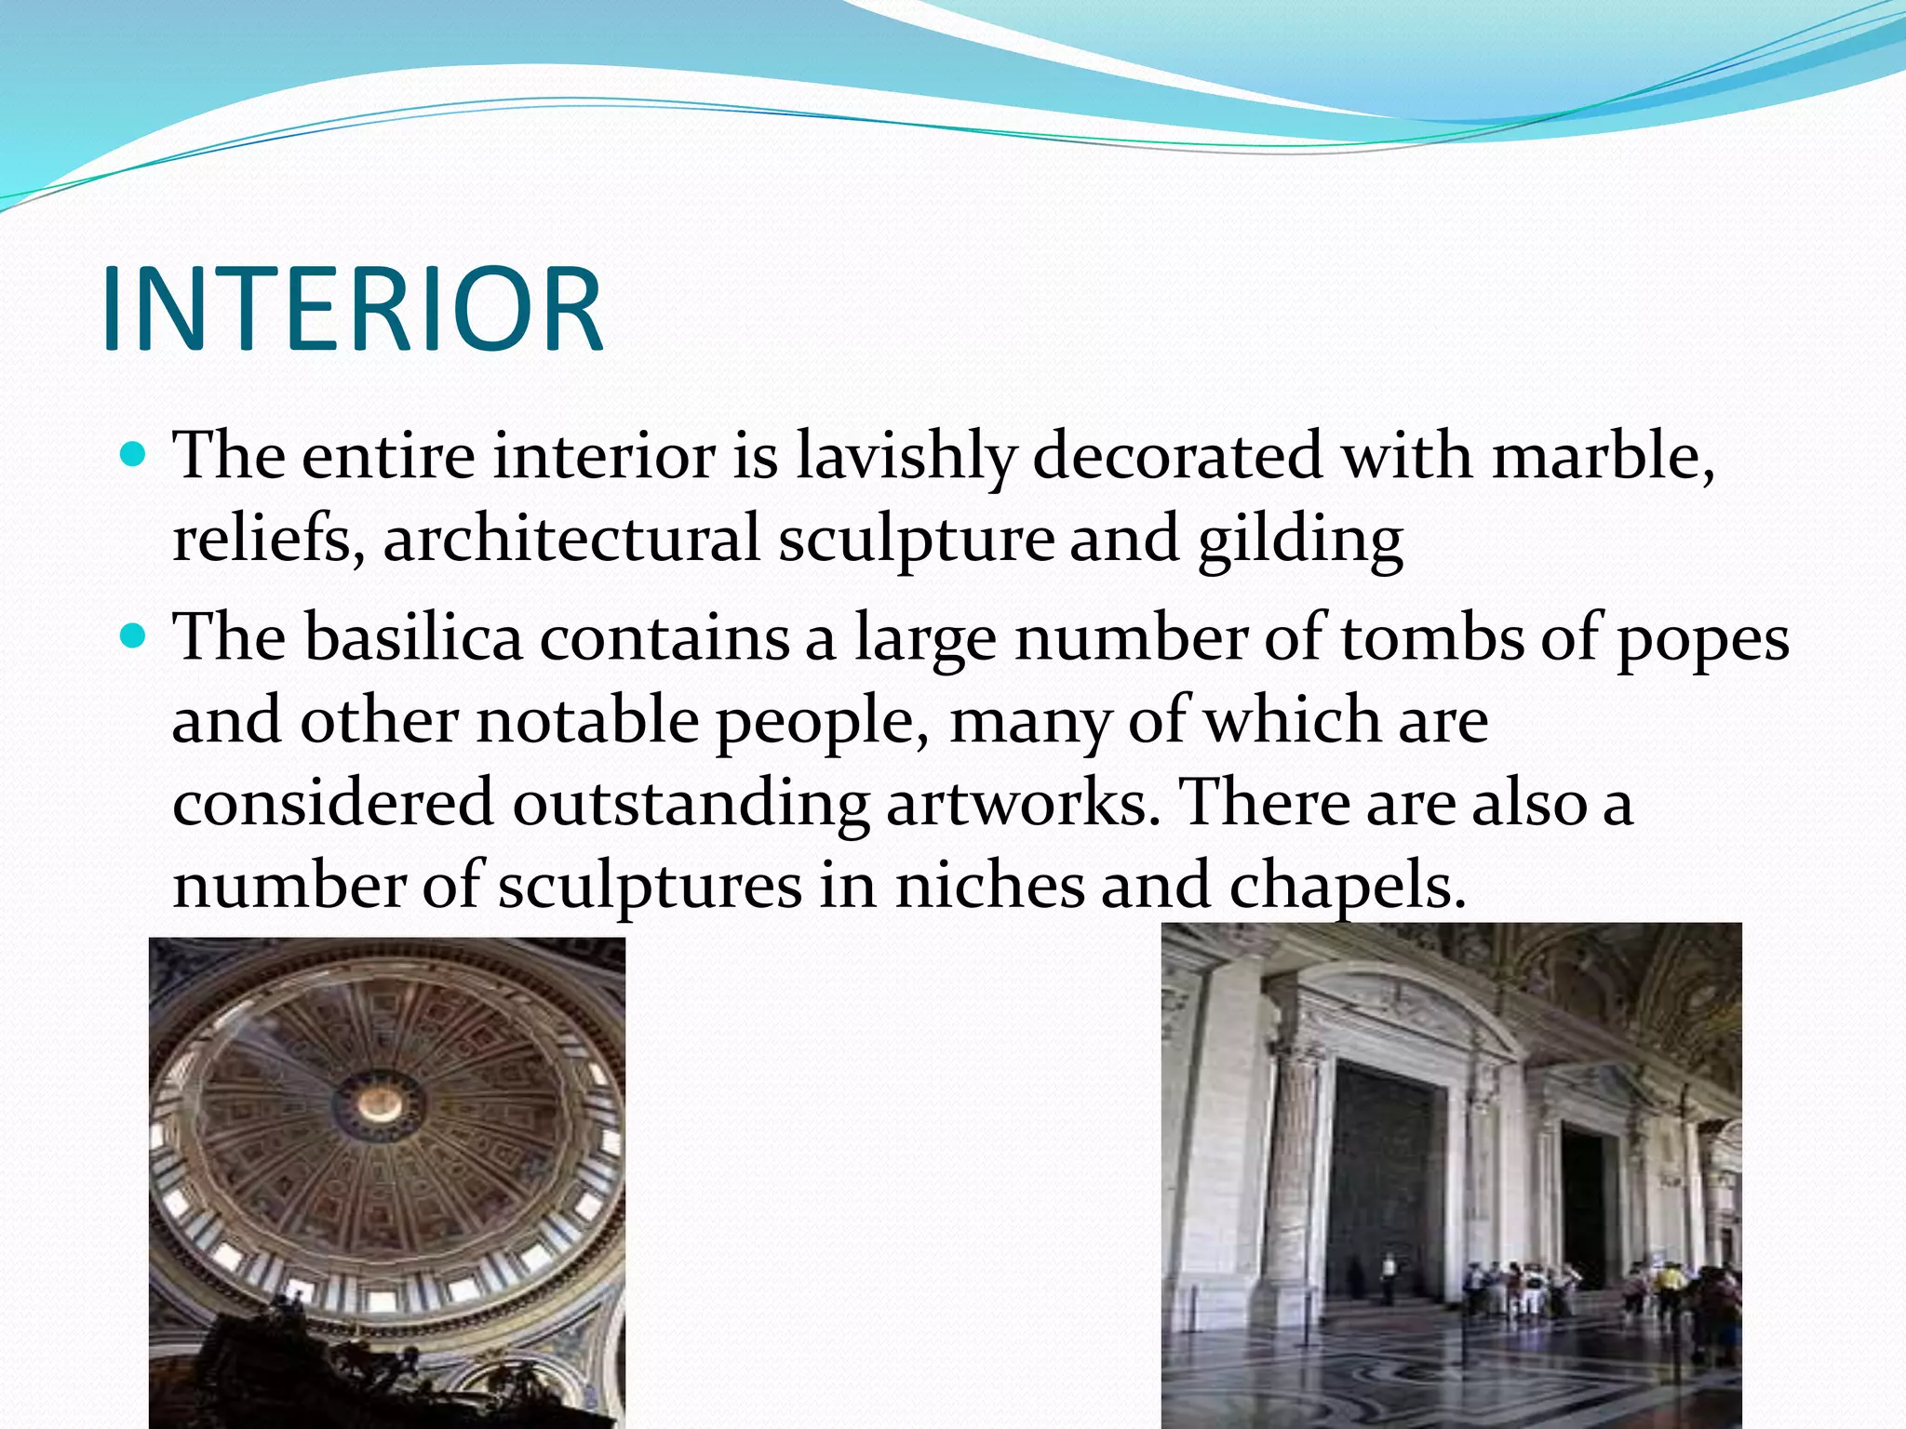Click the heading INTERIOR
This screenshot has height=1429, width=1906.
pyautogui.click(x=353, y=309)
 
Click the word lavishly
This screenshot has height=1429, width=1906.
pyautogui.click(x=905, y=457)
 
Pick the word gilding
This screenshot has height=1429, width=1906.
pyautogui.click(x=1299, y=541)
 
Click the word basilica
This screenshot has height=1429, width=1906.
pyautogui.click(x=412, y=638)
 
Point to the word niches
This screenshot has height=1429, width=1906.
pyautogui.click(x=989, y=886)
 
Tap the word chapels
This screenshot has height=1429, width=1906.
pyautogui.click(x=1347, y=888)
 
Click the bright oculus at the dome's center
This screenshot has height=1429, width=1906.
pyautogui.click(x=381, y=1103)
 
